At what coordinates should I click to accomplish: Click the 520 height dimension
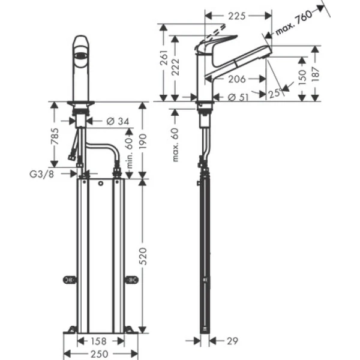pos(144,258)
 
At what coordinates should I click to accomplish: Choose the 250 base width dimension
pos(100,354)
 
